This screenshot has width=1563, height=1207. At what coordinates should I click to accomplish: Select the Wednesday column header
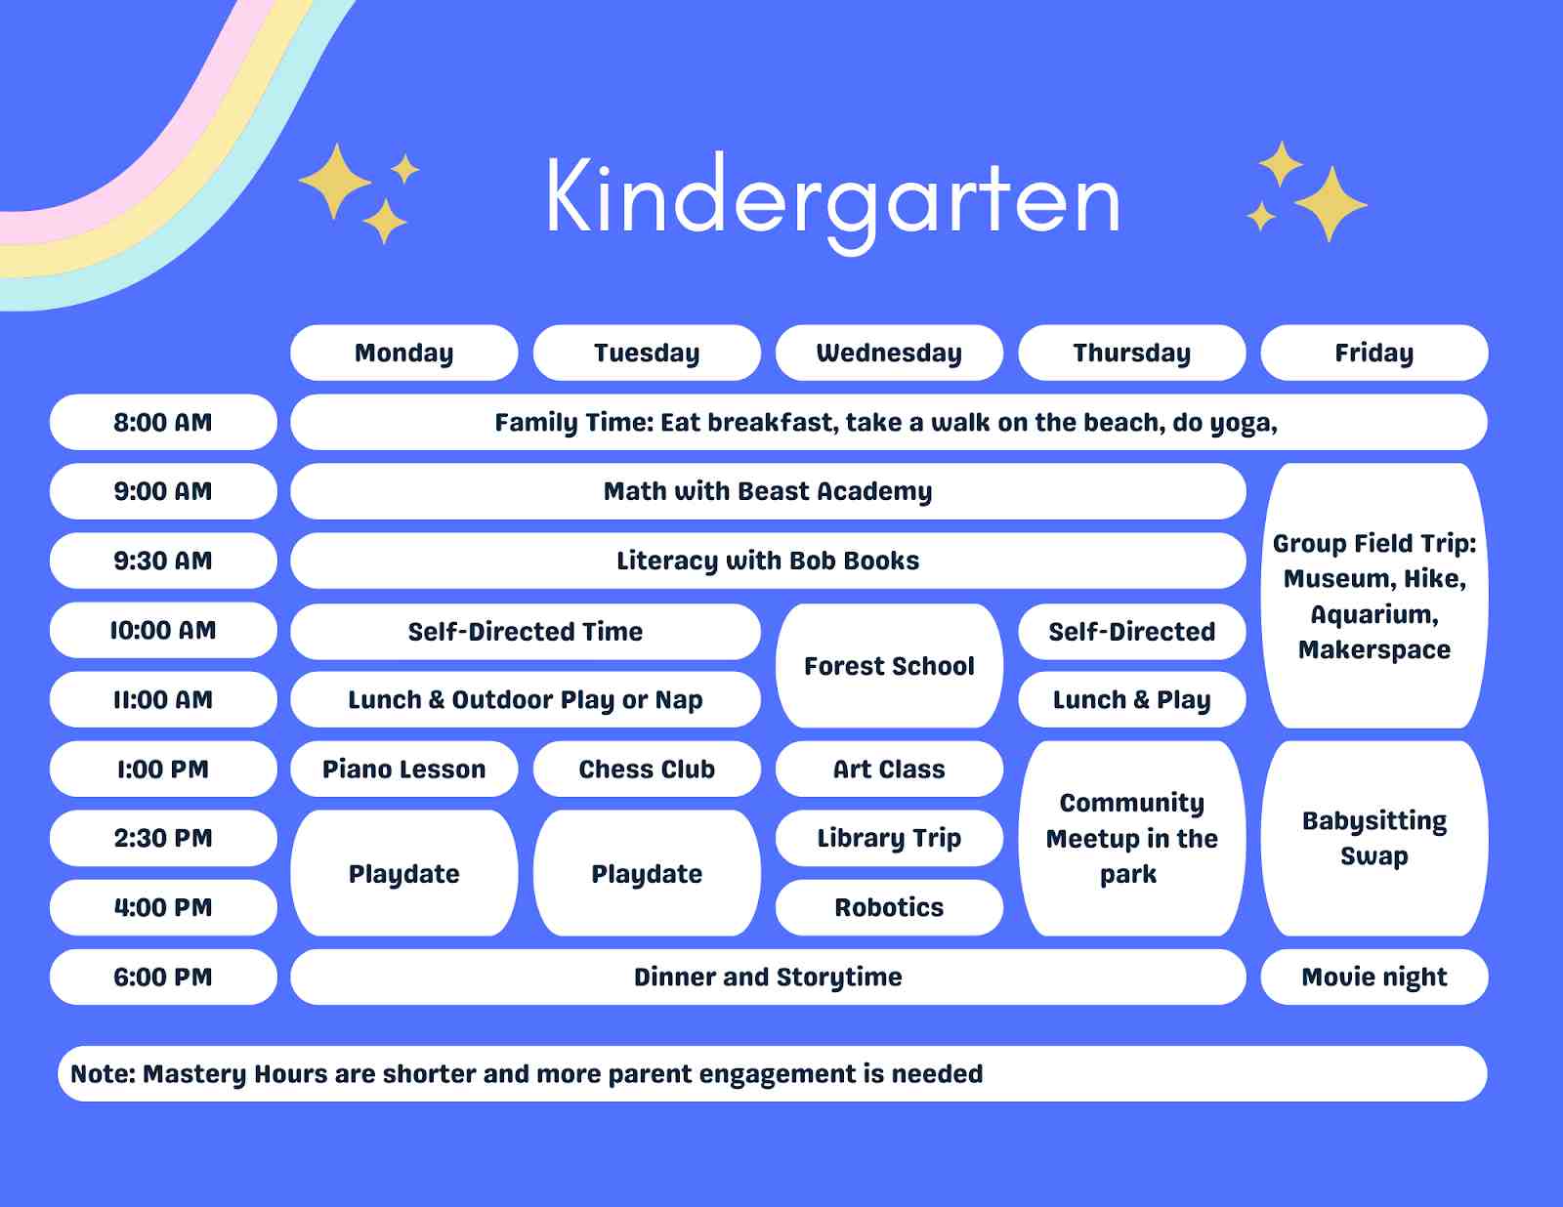(x=889, y=353)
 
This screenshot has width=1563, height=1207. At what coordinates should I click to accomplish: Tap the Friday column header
(x=1373, y=353)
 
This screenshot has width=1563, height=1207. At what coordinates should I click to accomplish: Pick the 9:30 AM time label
(x=163, y=561)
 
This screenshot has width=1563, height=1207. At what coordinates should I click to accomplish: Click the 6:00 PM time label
(x=163, y=977)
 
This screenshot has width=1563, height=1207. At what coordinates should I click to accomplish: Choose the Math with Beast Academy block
(x=768, y=491)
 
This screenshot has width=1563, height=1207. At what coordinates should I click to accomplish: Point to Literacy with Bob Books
(x=768, y=561)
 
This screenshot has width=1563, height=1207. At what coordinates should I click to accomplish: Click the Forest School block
(x=889, y=666)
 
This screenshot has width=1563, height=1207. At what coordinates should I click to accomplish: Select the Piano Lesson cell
(x=403, y=770)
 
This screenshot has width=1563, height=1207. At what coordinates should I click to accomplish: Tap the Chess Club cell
(x=647, y=770)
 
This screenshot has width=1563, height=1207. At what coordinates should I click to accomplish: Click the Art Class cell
(x=889, y=770)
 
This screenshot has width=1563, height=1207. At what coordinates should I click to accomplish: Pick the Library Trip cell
(x=889, y=838)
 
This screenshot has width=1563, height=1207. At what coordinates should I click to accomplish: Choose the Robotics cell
(x=889, y=907)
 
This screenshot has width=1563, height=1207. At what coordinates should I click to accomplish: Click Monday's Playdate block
(x=403, y=873)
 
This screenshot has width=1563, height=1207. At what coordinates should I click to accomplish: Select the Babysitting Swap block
(x=1373, y=838)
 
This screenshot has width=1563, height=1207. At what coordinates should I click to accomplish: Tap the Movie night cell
(x=1373, y=977)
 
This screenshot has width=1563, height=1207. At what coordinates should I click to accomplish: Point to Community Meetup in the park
(x=1131, y=838)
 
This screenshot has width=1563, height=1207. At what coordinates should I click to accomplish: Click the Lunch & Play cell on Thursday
(x=1131, y=700)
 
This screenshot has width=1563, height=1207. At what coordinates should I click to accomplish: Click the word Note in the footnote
(x=102, y=1074)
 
